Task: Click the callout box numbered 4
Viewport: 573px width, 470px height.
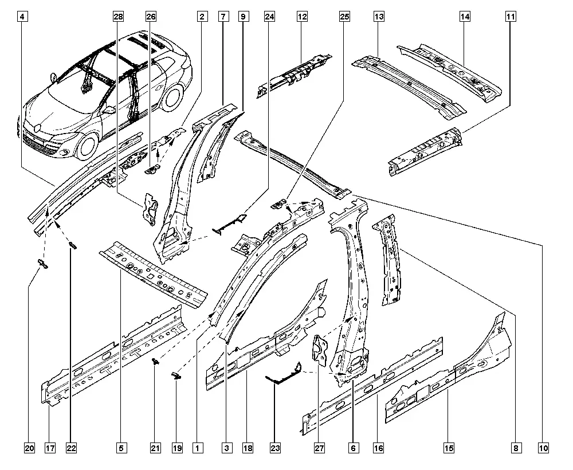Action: [x=23, y=17]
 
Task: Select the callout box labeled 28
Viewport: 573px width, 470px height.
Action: [x=118, y=17]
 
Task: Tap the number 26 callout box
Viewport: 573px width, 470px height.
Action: [x=151, y=17]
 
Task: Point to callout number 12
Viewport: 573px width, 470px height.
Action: [x=302, y=17]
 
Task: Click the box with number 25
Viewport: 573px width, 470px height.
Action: [x=344, y=17]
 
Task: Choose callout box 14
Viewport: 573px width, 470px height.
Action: [x=465, y=17]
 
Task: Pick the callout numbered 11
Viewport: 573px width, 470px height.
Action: [x=511, y=17]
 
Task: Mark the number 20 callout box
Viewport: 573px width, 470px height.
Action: [x=30, y=448]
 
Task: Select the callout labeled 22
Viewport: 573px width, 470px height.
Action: [x=71, y=448]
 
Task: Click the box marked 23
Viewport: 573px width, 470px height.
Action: [x=275, y=448]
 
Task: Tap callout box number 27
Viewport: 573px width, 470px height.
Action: [x=319, y=448]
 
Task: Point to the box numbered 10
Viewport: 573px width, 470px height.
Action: [x=543, y=448]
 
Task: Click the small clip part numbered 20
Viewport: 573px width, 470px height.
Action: [x=43, y=264]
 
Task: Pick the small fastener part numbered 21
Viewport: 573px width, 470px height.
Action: [x=156, y=362]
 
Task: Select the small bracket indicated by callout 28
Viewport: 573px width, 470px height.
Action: [x=150, y=209]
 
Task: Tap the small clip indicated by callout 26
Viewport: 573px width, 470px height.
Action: [x=154, y=170]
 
